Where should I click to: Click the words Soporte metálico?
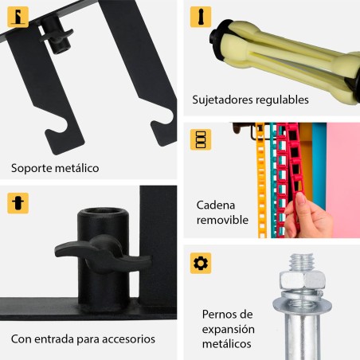pyautogui.click(x=55, y=169)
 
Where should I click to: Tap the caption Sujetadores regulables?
pyautogui.click(x=250, y=100)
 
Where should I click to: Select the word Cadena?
pyautogui.click(x=216, y=205)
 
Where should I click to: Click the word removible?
pyautogui.click(x=223, y=220)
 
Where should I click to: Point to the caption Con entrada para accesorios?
pyautogui.click(x=83, y=338)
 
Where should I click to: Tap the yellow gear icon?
pyautogui.click(x=200, y=264)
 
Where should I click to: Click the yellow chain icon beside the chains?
pyautogui.click(x=200, y=139)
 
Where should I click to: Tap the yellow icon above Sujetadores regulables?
pyautogui.click(x=200, y=17)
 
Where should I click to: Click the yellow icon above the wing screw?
pyautogui.click(x=18, y=202)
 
